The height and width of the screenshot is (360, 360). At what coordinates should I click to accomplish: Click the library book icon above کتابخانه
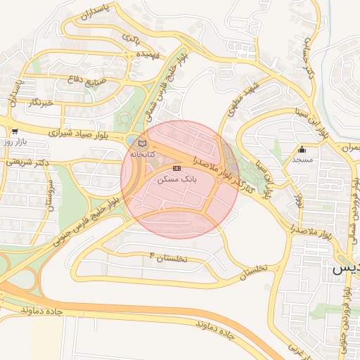(143, 143)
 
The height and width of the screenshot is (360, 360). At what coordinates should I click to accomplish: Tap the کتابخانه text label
(143, 154)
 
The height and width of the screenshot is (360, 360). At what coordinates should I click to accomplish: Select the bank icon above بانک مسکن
(176, 169)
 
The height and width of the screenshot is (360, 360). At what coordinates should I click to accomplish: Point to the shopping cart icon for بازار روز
(14, 131)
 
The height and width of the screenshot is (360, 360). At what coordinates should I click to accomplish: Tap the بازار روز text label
(15, 141)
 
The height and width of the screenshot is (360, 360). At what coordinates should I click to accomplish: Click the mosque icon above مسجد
(302, 149)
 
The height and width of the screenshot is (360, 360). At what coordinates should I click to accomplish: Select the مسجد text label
(302, 160)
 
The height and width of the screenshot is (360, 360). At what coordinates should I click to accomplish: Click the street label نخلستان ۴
(169, 258)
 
